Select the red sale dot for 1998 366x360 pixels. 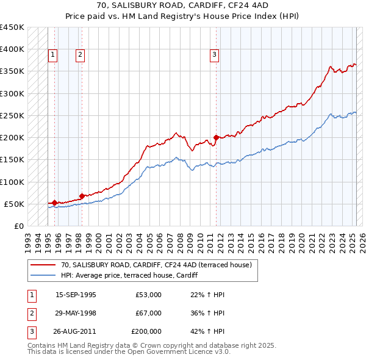coord(82,196)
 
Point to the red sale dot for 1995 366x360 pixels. coord(54,202)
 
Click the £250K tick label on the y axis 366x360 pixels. coord(12,115)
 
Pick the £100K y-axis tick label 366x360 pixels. coord(12,182)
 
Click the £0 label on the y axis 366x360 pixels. coord(18,226)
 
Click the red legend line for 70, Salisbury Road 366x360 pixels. coord(43,265)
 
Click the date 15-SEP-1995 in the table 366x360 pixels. coord(76,295)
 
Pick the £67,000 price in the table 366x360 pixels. coord(149,313)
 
